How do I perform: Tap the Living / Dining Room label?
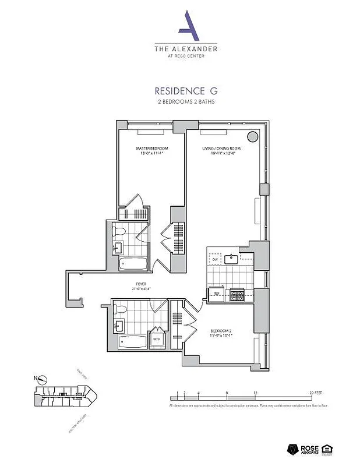point(221,149)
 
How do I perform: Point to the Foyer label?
point(138,285)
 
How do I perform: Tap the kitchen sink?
point(231,258)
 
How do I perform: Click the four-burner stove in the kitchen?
point(237,295)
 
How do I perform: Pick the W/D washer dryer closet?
point(157,339)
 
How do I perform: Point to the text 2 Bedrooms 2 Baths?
point(179,102)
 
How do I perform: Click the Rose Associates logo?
point(304,449)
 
